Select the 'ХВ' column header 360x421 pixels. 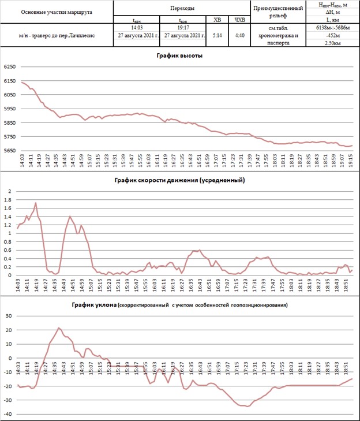tap(217, 20)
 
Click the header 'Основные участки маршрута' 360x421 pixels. tap(56, 12)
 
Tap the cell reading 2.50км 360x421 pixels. tap(332, 43)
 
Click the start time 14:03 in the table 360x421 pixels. tap(137, 27)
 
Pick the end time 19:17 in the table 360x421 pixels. tap(185, 27)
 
